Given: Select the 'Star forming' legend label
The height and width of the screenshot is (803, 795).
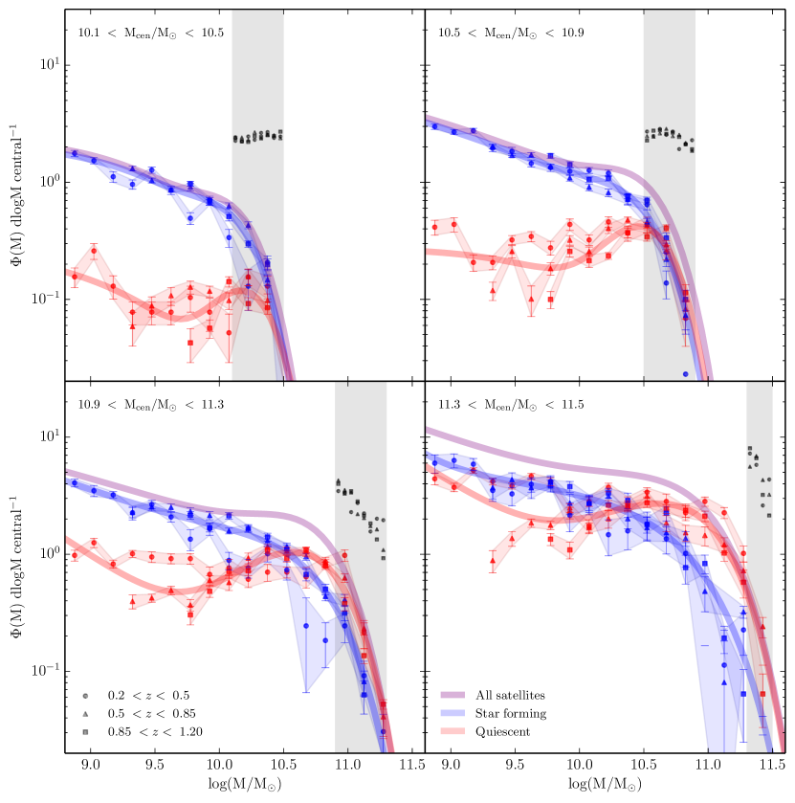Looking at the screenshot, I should (x=512, y=714).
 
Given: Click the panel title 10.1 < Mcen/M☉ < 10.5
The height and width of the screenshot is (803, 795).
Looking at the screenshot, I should (x=150, y=33).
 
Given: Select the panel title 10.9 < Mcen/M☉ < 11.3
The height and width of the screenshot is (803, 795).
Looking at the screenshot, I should (x=150, y=404).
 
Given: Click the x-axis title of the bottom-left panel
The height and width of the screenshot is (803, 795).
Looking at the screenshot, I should (x=245, y=784).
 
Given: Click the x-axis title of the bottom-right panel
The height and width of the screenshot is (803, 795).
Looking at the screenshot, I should (x=605, y=784).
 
